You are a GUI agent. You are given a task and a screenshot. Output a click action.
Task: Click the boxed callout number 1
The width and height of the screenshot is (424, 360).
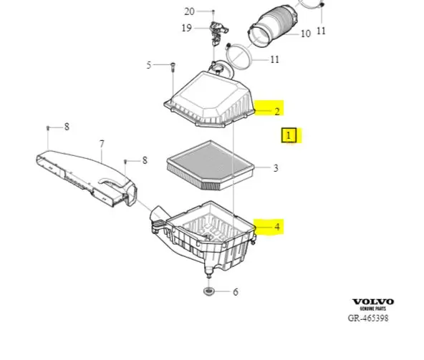[289, 135]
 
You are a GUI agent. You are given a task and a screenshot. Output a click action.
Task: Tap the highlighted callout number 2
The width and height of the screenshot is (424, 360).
[277, 112]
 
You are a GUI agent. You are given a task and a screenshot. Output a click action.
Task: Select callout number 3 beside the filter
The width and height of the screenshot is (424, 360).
[276, 168]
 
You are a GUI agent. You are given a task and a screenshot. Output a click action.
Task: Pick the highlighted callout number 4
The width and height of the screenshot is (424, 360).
[277, 227]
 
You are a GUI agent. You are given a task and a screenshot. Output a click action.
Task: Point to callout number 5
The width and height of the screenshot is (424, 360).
[149, 65]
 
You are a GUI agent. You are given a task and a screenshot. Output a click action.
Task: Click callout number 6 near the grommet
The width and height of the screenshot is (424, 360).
[236, 292]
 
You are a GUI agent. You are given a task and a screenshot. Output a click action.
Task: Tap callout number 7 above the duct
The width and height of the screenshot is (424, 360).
[102, 144]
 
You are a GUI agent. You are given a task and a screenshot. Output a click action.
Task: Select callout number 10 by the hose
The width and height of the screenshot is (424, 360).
[306, 34]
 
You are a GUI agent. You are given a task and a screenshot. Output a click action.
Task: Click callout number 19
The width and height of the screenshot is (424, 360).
[187, 28]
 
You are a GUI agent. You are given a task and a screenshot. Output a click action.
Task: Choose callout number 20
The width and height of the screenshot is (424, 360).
[189, 11]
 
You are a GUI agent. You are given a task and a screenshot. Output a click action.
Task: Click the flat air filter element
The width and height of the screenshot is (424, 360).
[211, 165]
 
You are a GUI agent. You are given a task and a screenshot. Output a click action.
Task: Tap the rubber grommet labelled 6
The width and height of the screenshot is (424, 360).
[208, 291]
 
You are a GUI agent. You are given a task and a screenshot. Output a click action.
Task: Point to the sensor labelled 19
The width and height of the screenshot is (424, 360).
[218, 33]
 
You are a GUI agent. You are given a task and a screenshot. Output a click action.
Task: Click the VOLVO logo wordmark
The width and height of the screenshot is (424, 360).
[373, 301]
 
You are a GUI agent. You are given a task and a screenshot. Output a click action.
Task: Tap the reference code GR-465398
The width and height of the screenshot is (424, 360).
[368, 318]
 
